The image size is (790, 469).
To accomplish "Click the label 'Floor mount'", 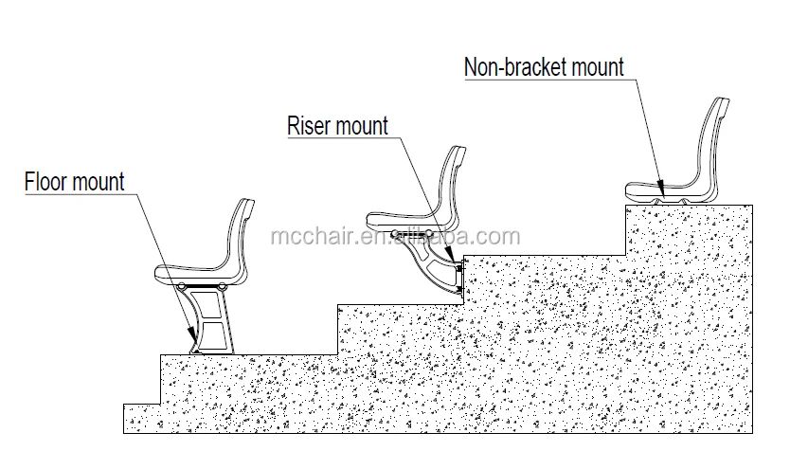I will pyautogui.click(x=74, y=181).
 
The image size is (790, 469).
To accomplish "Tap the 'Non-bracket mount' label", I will pyautogui.click(x=544, y=67).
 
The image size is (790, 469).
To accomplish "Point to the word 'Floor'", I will pyautogui.click(x=47, y=181).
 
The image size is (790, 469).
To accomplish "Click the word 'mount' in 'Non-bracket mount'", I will pyautogui.click(x=592, y=67).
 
